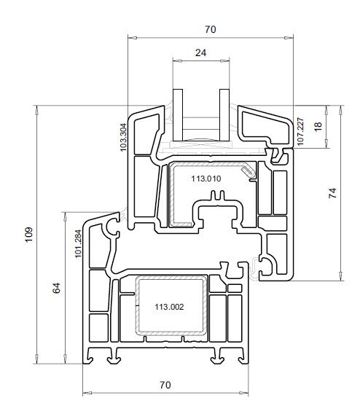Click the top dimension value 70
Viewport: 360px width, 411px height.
(x=211, y=29)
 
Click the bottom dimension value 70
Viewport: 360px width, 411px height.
(x=165, y=385)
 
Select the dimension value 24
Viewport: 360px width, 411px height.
(x=201, y=52)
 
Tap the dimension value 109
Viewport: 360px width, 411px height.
(x=29, y=235)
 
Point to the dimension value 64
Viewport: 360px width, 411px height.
(x=56, y=288)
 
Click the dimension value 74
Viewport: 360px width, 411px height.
(x=332, y=193)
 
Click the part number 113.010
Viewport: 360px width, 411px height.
(x=206, y=179)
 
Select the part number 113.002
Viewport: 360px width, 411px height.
(x=169, y=307)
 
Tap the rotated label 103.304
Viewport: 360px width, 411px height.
(x=123, y=137)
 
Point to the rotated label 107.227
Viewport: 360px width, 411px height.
(x=300, y=132)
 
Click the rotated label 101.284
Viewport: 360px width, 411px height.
(x=78, y=244)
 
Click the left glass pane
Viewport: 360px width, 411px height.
(x=178, y=114)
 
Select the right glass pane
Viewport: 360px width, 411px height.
(x=224, y=114)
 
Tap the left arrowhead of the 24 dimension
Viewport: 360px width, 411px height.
(x=177, y=61)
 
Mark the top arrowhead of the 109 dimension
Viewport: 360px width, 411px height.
(x=37, y=110)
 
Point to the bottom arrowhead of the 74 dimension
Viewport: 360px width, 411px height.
(x=340, y=276)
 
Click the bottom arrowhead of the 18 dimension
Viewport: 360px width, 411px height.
(x=326, y=144)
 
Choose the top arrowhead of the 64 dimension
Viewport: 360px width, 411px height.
(x=66, y=216)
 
